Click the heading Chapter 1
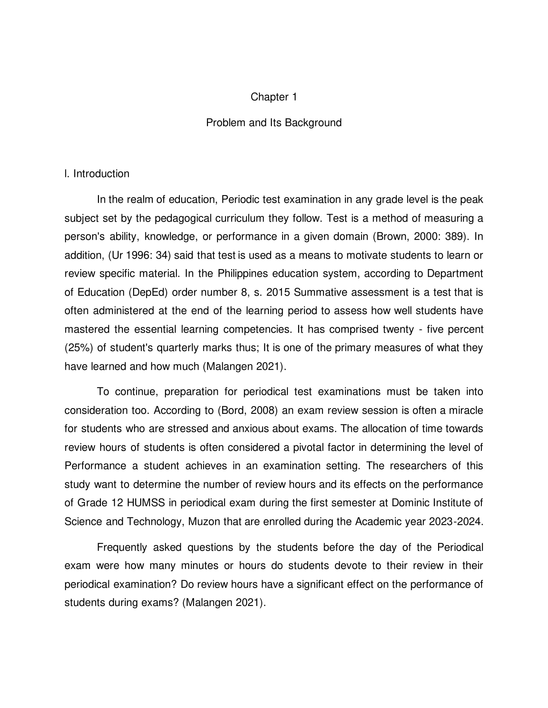274,97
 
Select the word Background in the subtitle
313,123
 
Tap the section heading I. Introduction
97,174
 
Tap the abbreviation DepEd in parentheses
148,293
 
